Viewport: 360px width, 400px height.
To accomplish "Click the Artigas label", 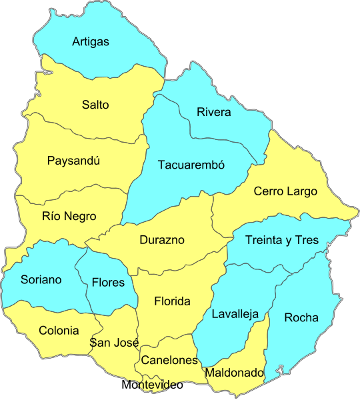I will pyautogui.click(x=91, y=42).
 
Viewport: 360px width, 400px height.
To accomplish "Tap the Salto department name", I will pyautogui.click(x=95, y=105).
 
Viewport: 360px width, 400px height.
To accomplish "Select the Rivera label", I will pyautogui.click(x=214, y=112).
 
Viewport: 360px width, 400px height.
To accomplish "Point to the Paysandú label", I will pyautogui.click(x=73, y=161).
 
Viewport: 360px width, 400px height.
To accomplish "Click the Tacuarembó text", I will pyautogui.click(x=191, y=165).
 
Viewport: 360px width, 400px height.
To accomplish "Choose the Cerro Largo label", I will pyautogui.click(x=285, y=191).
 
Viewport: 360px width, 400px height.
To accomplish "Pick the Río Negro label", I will pyautogui.click(x=69, y=216).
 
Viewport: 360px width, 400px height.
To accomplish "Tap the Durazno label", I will pyautogui.click(x=162, y=240).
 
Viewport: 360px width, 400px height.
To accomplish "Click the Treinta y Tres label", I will pyautogui.click(x=282, y=240).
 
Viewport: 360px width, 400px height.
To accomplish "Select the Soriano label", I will pyautogui.click(x=41, y=279).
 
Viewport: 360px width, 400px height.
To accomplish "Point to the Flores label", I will pyautogui.click(x=108, y=282).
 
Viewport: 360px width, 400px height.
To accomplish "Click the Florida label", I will pyautogui.click(x=172, y=301).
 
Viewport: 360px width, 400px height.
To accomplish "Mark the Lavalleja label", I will pyautogui.click(x=235, y=314).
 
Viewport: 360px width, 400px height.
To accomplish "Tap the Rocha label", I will pyautogui.click(x=301, y=317).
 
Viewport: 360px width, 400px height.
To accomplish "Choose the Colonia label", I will pyautogui.click(x=59, y=330).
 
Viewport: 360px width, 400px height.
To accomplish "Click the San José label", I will pyautogui.click(x=114, y=343).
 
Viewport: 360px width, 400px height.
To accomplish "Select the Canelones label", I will pyautogui.click(x=169, y=360).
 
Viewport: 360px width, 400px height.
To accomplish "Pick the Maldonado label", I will pyautogui.click(x=234, y=373).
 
